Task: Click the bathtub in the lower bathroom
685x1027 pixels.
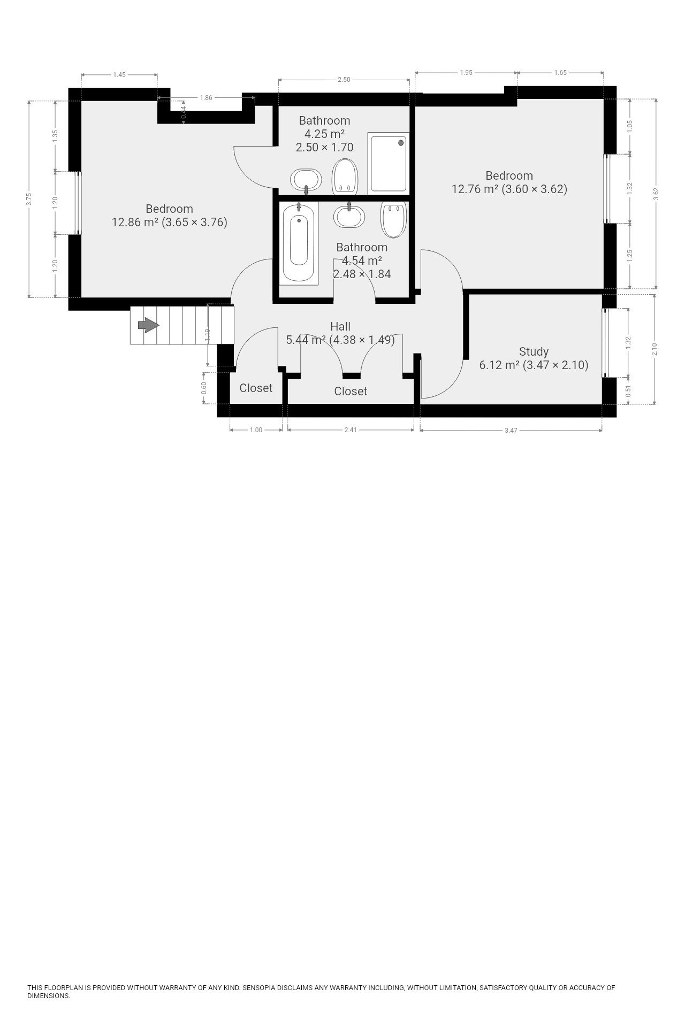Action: pyautogui.click(x=299, y=243)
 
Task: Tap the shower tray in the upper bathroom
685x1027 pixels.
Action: pyautogui.click(x=389, y=163)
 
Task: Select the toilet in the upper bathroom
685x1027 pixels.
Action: pyautogui.click(x=345, y=177)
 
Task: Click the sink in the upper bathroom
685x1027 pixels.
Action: pyautogui.click(x=306, y=180)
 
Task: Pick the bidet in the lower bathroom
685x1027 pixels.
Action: pyautogui.click(x=394, y=219)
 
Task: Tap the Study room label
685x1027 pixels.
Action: pyautogui.click(x=534, y=351)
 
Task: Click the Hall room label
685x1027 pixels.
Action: pyautogui.click(x=340, y=326)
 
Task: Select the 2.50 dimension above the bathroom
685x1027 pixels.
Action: pyautogui.click(x=344, y=80)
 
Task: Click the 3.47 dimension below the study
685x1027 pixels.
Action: pyautogui.click(x=511, y=430)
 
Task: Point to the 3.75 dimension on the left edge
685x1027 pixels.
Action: pyautogui.click(x=29, y=199)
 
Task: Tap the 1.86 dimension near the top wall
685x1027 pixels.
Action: pyautogui.click(x=206, y=98)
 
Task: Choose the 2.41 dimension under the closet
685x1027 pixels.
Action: pyautogui.click(x=351, y=430)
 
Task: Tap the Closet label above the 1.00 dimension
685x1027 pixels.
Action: pyautogui.click(x=256, y=388)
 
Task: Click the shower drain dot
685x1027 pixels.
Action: pyautogui.click(x=401, y=143)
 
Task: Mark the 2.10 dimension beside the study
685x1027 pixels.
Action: pyautogui.click(x=654, y=349)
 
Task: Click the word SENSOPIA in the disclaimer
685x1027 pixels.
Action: pyautogui.click(x=258, y=987)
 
